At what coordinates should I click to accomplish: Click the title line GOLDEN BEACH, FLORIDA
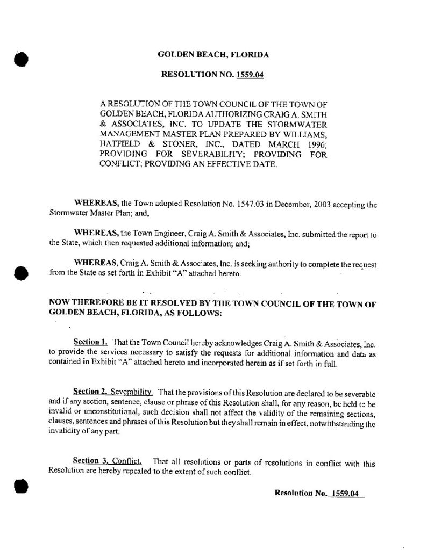tap(212, 55)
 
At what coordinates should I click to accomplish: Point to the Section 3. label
tap(91, 461)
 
